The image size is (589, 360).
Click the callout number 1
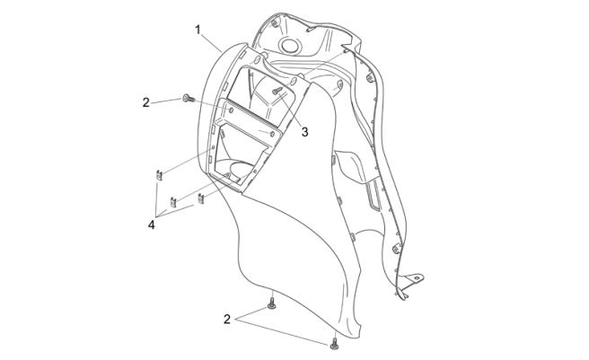(x=198, y=30)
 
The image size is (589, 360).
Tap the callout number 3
(x=304, y=132)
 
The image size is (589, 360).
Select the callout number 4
(x=151, y=224)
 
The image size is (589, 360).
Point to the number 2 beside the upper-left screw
(x=145, y=102)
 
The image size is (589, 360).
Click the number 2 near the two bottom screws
(x=227, y=320)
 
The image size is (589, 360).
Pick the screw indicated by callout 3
(x=277, y=91)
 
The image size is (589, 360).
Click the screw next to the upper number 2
(x=189, y=99)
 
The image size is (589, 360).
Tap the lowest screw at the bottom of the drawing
(x=334, y=343)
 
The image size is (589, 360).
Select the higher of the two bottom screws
(x=271, y=303)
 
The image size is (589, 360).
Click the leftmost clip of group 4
(x=159, y=175)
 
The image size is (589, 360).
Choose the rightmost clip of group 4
(x=201, y=198)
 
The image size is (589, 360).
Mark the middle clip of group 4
(x=173, y=202)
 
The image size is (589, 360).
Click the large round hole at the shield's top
(x=289, y=46)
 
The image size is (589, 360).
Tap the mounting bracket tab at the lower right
(x=414, y=279)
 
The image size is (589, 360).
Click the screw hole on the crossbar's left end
(x=231, y=110)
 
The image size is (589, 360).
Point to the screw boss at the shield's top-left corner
(x=275, y=24)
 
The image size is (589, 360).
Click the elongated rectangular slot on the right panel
(x=373, y=195)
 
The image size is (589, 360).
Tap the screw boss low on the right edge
(x=395, y=248)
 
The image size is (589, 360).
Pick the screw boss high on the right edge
(x=370, y=79)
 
